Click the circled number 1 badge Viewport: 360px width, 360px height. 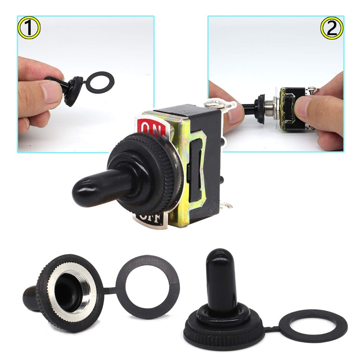pyautogui.click(x=30, y=28)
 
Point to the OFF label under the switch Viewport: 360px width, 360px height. pyautogui.click(x=151, y=219)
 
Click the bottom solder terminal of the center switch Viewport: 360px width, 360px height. pyautogui.click(x=227, y=207)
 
